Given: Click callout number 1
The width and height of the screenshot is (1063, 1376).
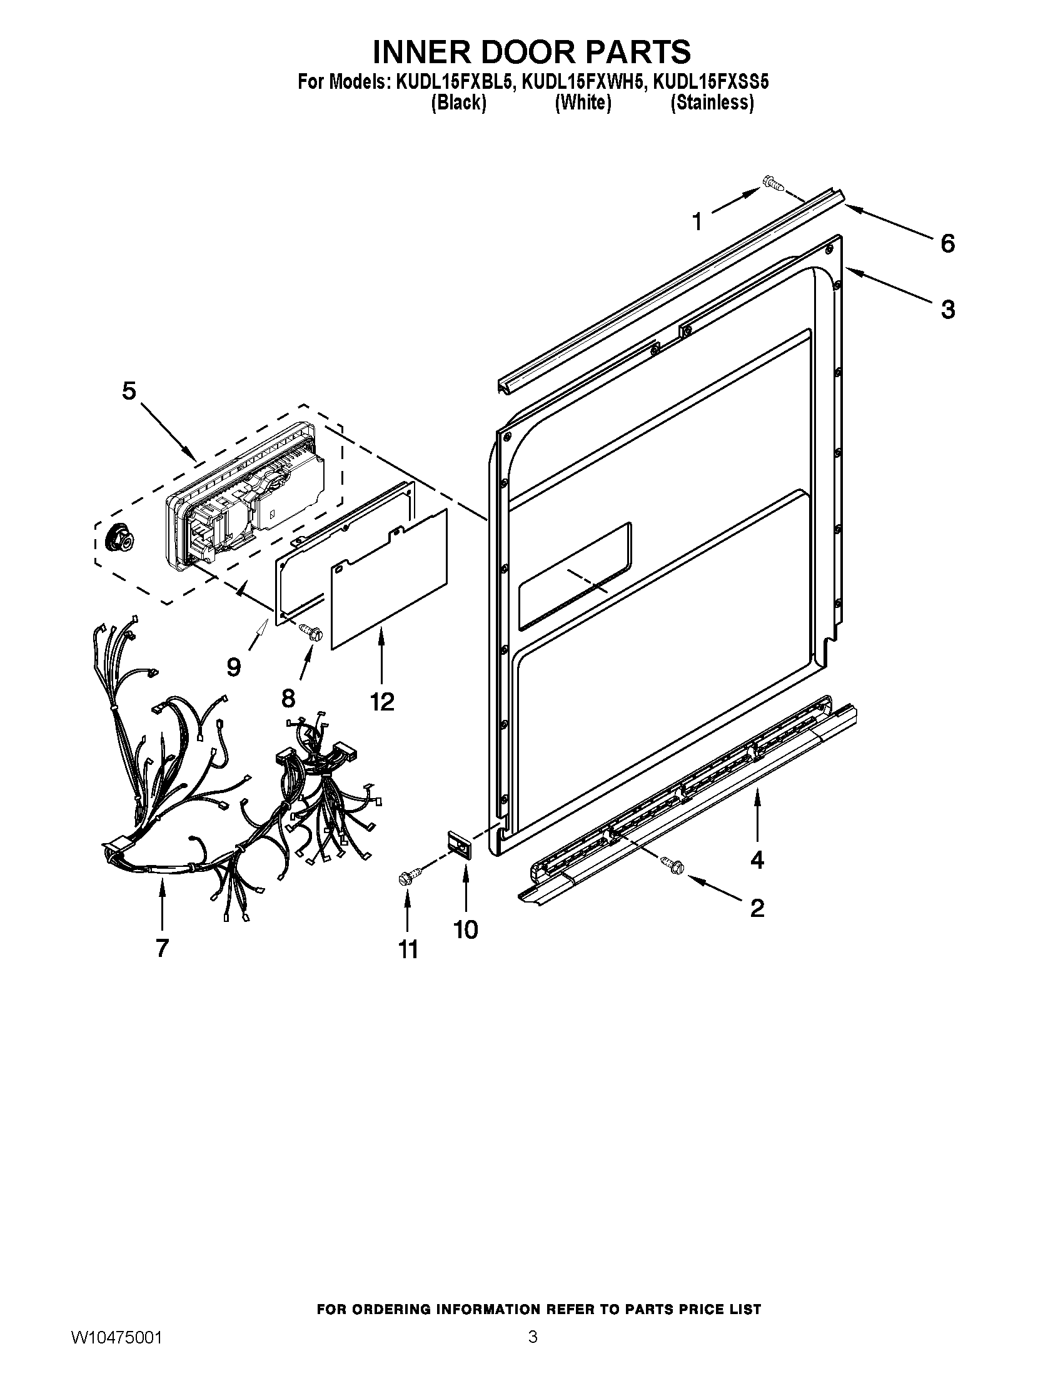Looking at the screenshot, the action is coord(697,222).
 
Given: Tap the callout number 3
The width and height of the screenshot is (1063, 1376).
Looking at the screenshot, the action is coord(948,310).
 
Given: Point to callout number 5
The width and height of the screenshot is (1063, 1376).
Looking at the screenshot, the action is coord(128,392).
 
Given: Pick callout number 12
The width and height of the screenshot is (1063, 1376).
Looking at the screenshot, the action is coord(382,701).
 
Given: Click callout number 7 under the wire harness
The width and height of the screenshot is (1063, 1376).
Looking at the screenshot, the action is coord(163,948).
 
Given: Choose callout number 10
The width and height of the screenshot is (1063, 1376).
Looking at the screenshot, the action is coord(466,929).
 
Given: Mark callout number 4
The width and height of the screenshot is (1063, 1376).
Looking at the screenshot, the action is coord(757,859).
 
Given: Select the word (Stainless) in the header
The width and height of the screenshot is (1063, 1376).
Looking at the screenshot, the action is coord(712,103).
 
